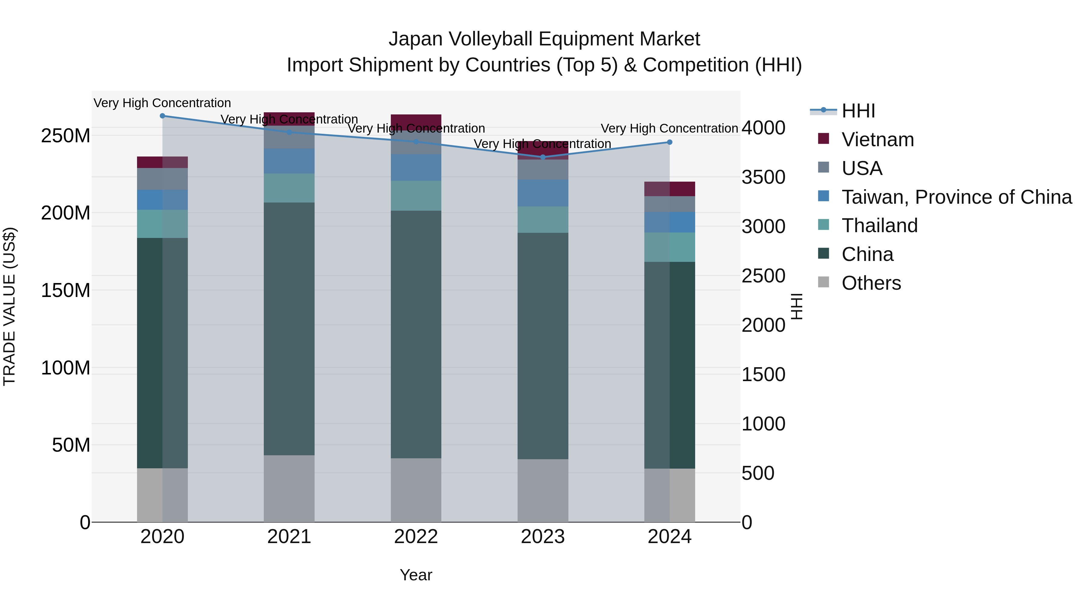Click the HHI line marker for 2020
pos(162,116)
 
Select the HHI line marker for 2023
pos(543,157)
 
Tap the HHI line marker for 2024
pos(670,142)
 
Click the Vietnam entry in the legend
pos(878,140)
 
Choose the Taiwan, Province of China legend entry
pos(956,197)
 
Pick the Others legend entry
pos(871,283)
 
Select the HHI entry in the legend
pos(858,111)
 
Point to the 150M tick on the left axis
pos(66,291)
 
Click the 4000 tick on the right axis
pos(764,128)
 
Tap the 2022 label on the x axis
pos(416,537)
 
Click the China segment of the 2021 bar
pos(289,329)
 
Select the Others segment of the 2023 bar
pos(543,490)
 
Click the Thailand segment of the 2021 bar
pos(289,188)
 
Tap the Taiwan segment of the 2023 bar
pos(543,193)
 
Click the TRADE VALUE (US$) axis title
pos(9,306)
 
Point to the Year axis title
pos(416,575)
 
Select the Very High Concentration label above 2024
pos(670,128)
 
